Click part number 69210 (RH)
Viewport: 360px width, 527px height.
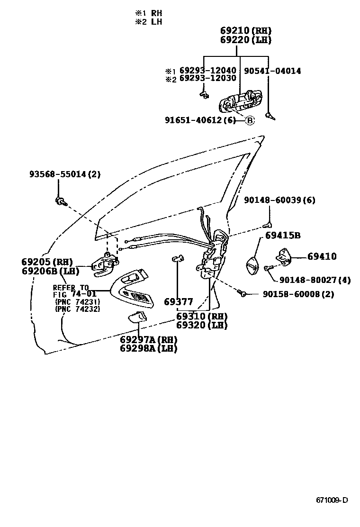point(245,31)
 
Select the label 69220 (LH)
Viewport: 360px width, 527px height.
point(245,40)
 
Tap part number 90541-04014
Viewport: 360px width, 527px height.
point(272,71)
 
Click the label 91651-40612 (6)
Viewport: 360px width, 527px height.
point(200,120)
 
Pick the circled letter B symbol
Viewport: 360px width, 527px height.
point(250,120)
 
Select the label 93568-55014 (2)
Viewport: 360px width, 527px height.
point(65,174)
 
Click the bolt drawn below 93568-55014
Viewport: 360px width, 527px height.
point(59,201)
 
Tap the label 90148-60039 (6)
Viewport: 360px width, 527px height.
point(279,200)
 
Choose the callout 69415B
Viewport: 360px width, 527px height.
point(283,236)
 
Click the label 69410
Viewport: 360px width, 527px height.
point(322,256)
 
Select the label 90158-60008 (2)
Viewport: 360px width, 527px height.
point(298,294)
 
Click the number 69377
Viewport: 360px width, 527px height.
point(179,302)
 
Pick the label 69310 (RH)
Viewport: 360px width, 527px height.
point(201,316)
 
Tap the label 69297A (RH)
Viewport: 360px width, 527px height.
point(148,339)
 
